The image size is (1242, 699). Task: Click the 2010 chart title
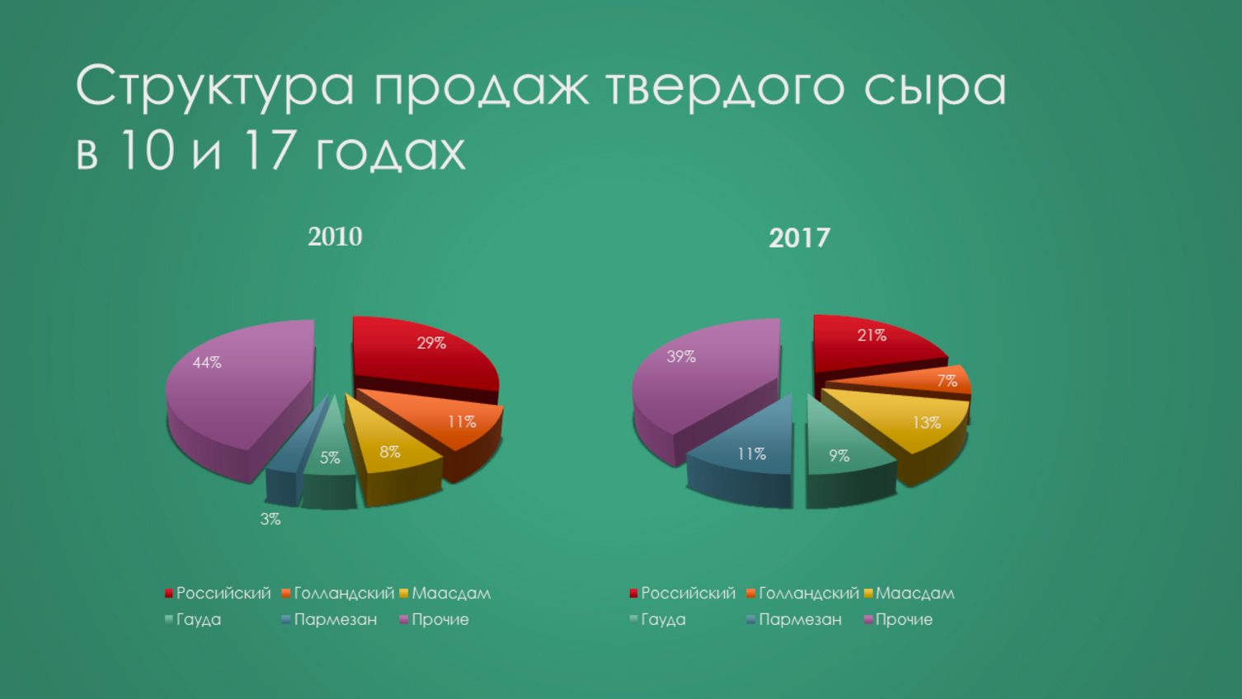(335, 237)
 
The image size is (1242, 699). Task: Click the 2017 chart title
(799, 238)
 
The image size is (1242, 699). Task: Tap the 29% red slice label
(431, 343)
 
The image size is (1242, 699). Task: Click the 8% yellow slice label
(390, 452)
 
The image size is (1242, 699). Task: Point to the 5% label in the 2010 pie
(330, 457)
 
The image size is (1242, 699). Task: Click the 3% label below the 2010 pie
(271, 519)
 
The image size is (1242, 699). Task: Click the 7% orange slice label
(947, 381)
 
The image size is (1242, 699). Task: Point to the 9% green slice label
(839, 455)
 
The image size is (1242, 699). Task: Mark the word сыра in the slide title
(935, 87)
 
